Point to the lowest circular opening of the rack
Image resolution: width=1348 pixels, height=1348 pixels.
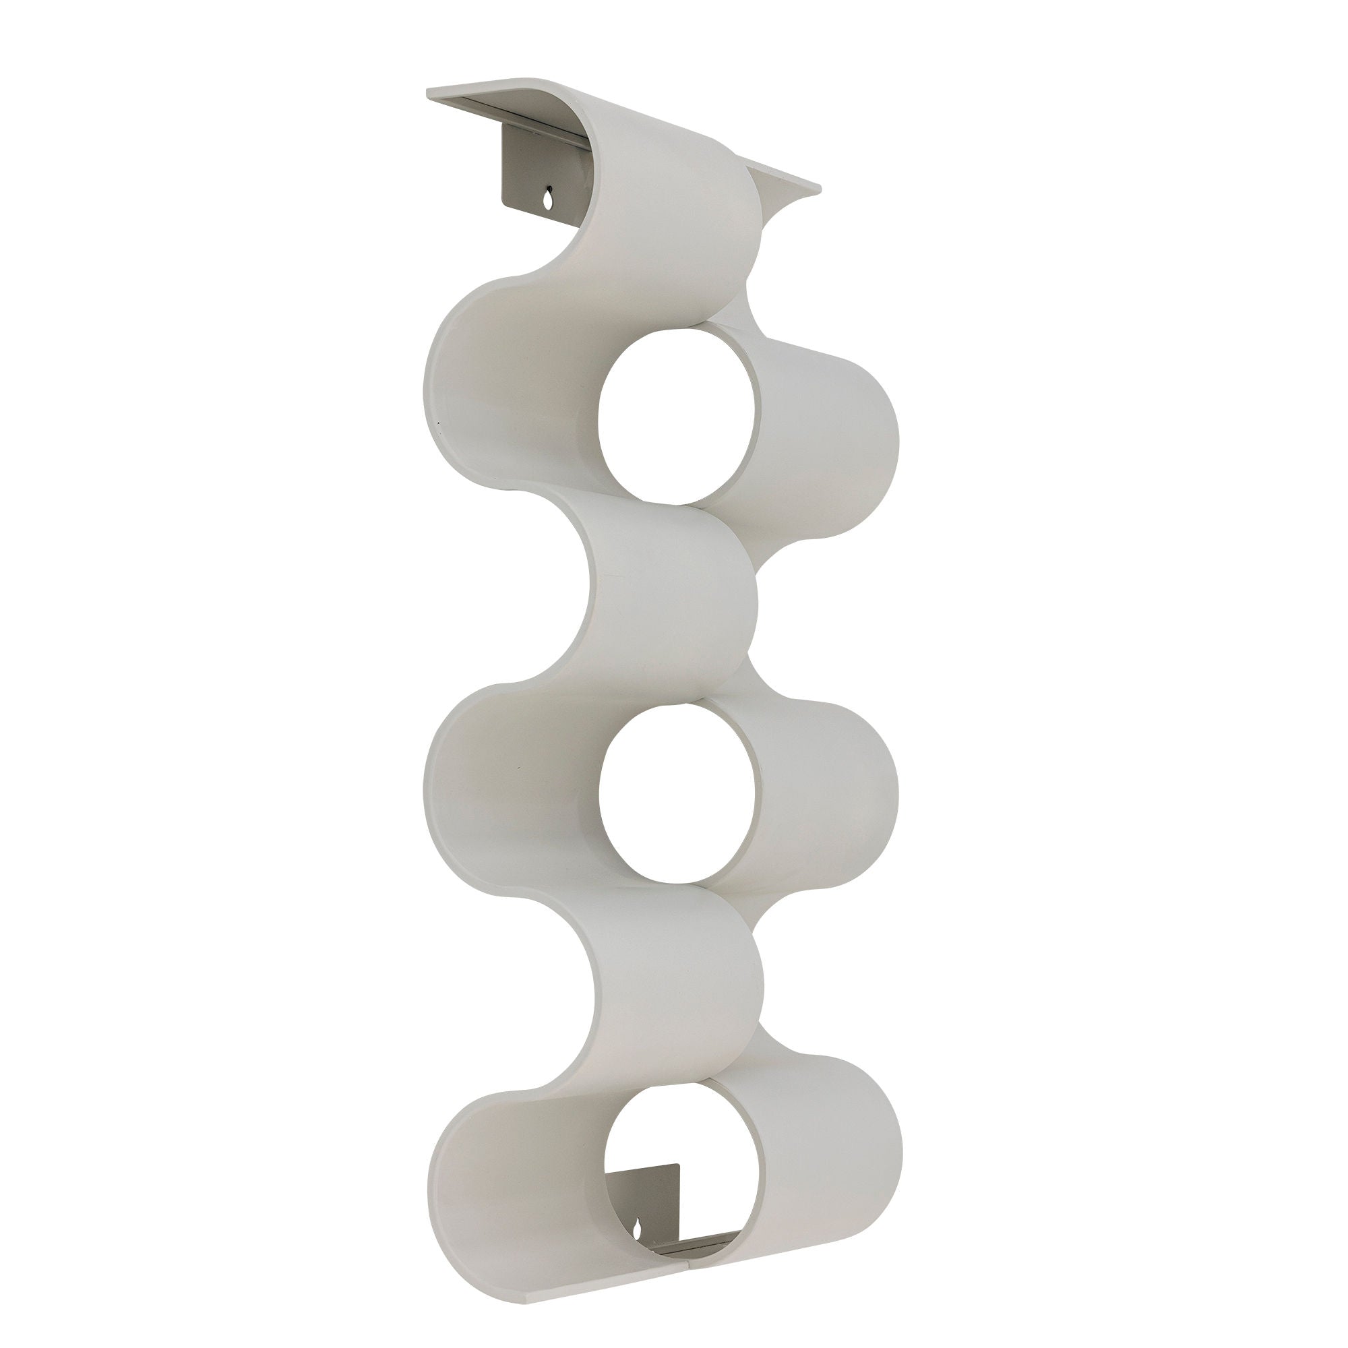coord(680,1179)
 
